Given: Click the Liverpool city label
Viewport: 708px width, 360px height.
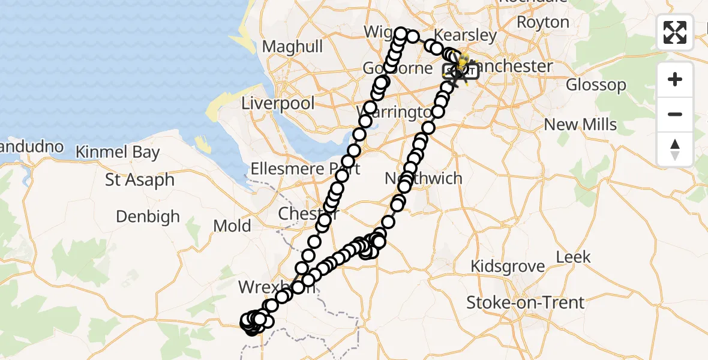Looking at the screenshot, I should tap(278, 103).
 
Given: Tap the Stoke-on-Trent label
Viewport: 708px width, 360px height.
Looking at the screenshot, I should tap(526, 302).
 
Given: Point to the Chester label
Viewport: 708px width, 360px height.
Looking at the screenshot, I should tap(307, 214).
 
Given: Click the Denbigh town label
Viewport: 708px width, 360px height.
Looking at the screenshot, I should tap(148, 216).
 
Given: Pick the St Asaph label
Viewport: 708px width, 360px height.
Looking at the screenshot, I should tap(140, 179).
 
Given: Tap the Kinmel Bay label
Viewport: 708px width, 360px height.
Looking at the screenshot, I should tap(118, 152).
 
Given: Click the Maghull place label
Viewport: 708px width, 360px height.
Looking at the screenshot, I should tap(293, 46).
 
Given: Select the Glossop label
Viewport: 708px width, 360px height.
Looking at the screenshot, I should tap(596, 85).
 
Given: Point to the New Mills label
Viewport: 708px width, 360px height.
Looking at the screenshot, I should tap(580, 125).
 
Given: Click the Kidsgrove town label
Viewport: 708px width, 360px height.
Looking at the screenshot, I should tap(508, 266).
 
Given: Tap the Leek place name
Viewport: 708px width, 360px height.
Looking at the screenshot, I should tap(573, 257).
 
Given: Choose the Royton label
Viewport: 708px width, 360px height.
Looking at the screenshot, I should tap(542, 22).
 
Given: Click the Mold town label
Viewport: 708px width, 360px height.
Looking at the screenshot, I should tap(232, 226).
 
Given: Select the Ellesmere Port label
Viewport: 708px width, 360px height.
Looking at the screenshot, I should tap(305, 169).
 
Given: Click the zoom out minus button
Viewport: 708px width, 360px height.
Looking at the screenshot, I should tap(675, 115).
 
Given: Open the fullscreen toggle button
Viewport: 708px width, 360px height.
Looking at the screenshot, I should tap(675, 32).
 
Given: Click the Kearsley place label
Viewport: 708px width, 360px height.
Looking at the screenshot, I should tap(466, 35).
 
